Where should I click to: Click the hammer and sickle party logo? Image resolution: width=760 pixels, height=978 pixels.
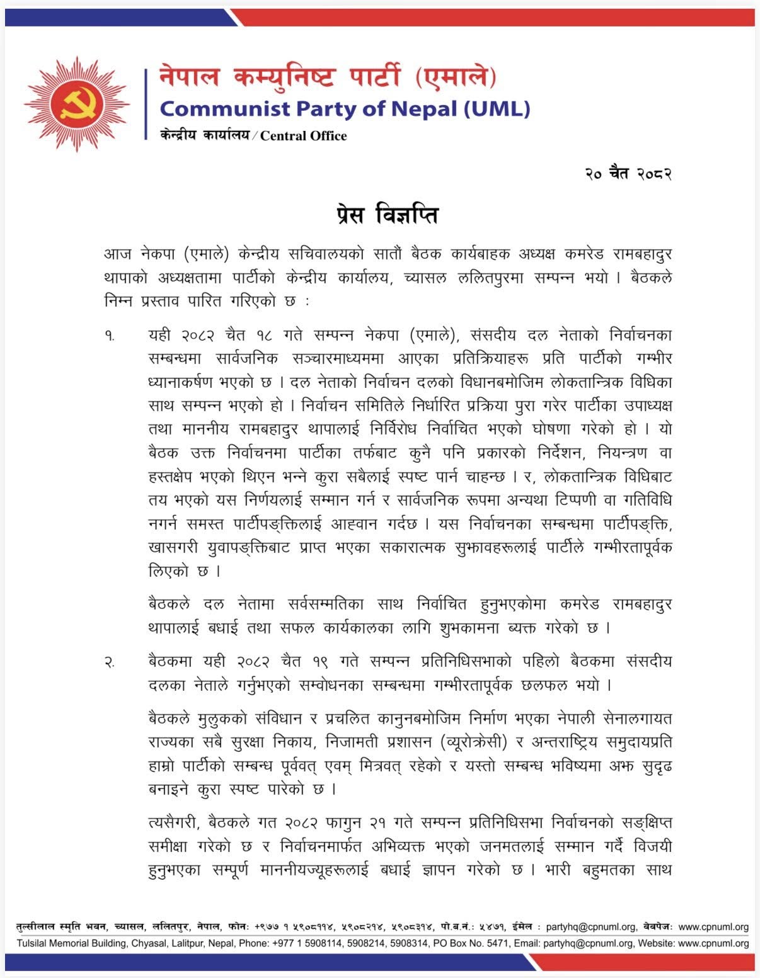[77, 104]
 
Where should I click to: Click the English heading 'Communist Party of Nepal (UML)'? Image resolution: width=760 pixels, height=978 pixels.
[345, 109]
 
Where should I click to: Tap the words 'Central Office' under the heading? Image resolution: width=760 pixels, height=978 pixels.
[304, 135]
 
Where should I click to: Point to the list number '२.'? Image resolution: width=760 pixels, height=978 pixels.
[110, 662]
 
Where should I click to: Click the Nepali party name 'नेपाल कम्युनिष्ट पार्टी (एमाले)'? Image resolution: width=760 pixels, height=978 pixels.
[328, 77]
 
